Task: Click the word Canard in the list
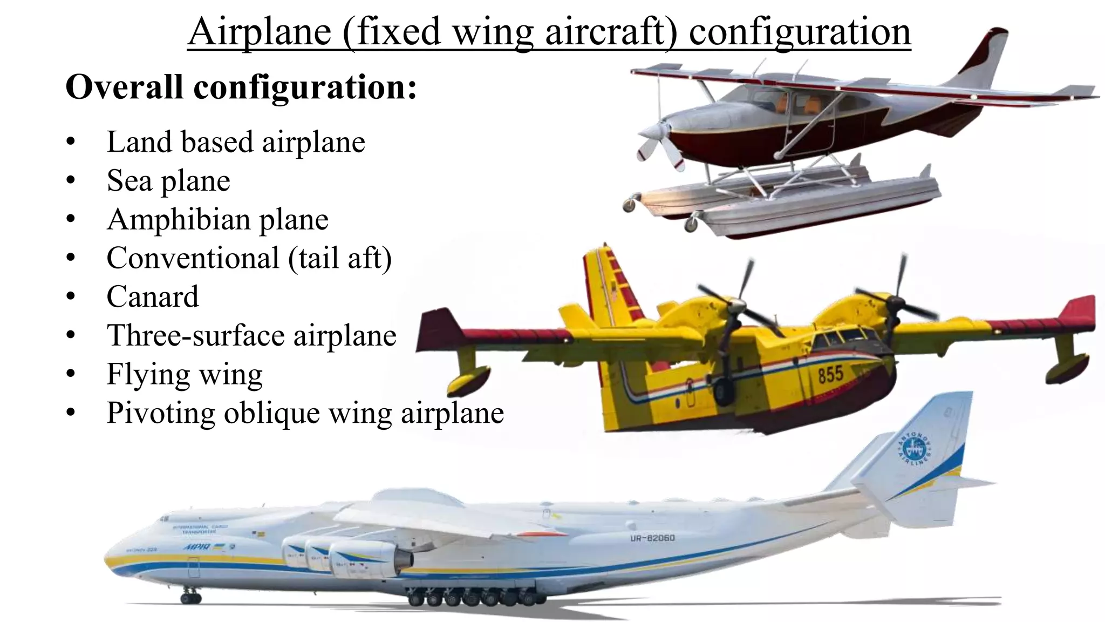153,296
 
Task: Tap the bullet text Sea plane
168,180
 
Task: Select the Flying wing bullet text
185,374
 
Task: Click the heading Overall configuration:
241,87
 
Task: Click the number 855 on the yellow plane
830,374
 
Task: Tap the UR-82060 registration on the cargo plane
652,538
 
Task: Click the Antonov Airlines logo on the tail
915,449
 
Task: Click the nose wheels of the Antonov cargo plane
190,597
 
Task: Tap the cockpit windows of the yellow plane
842,339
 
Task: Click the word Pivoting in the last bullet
161,414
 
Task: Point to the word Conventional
192,258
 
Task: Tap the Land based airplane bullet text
236,142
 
